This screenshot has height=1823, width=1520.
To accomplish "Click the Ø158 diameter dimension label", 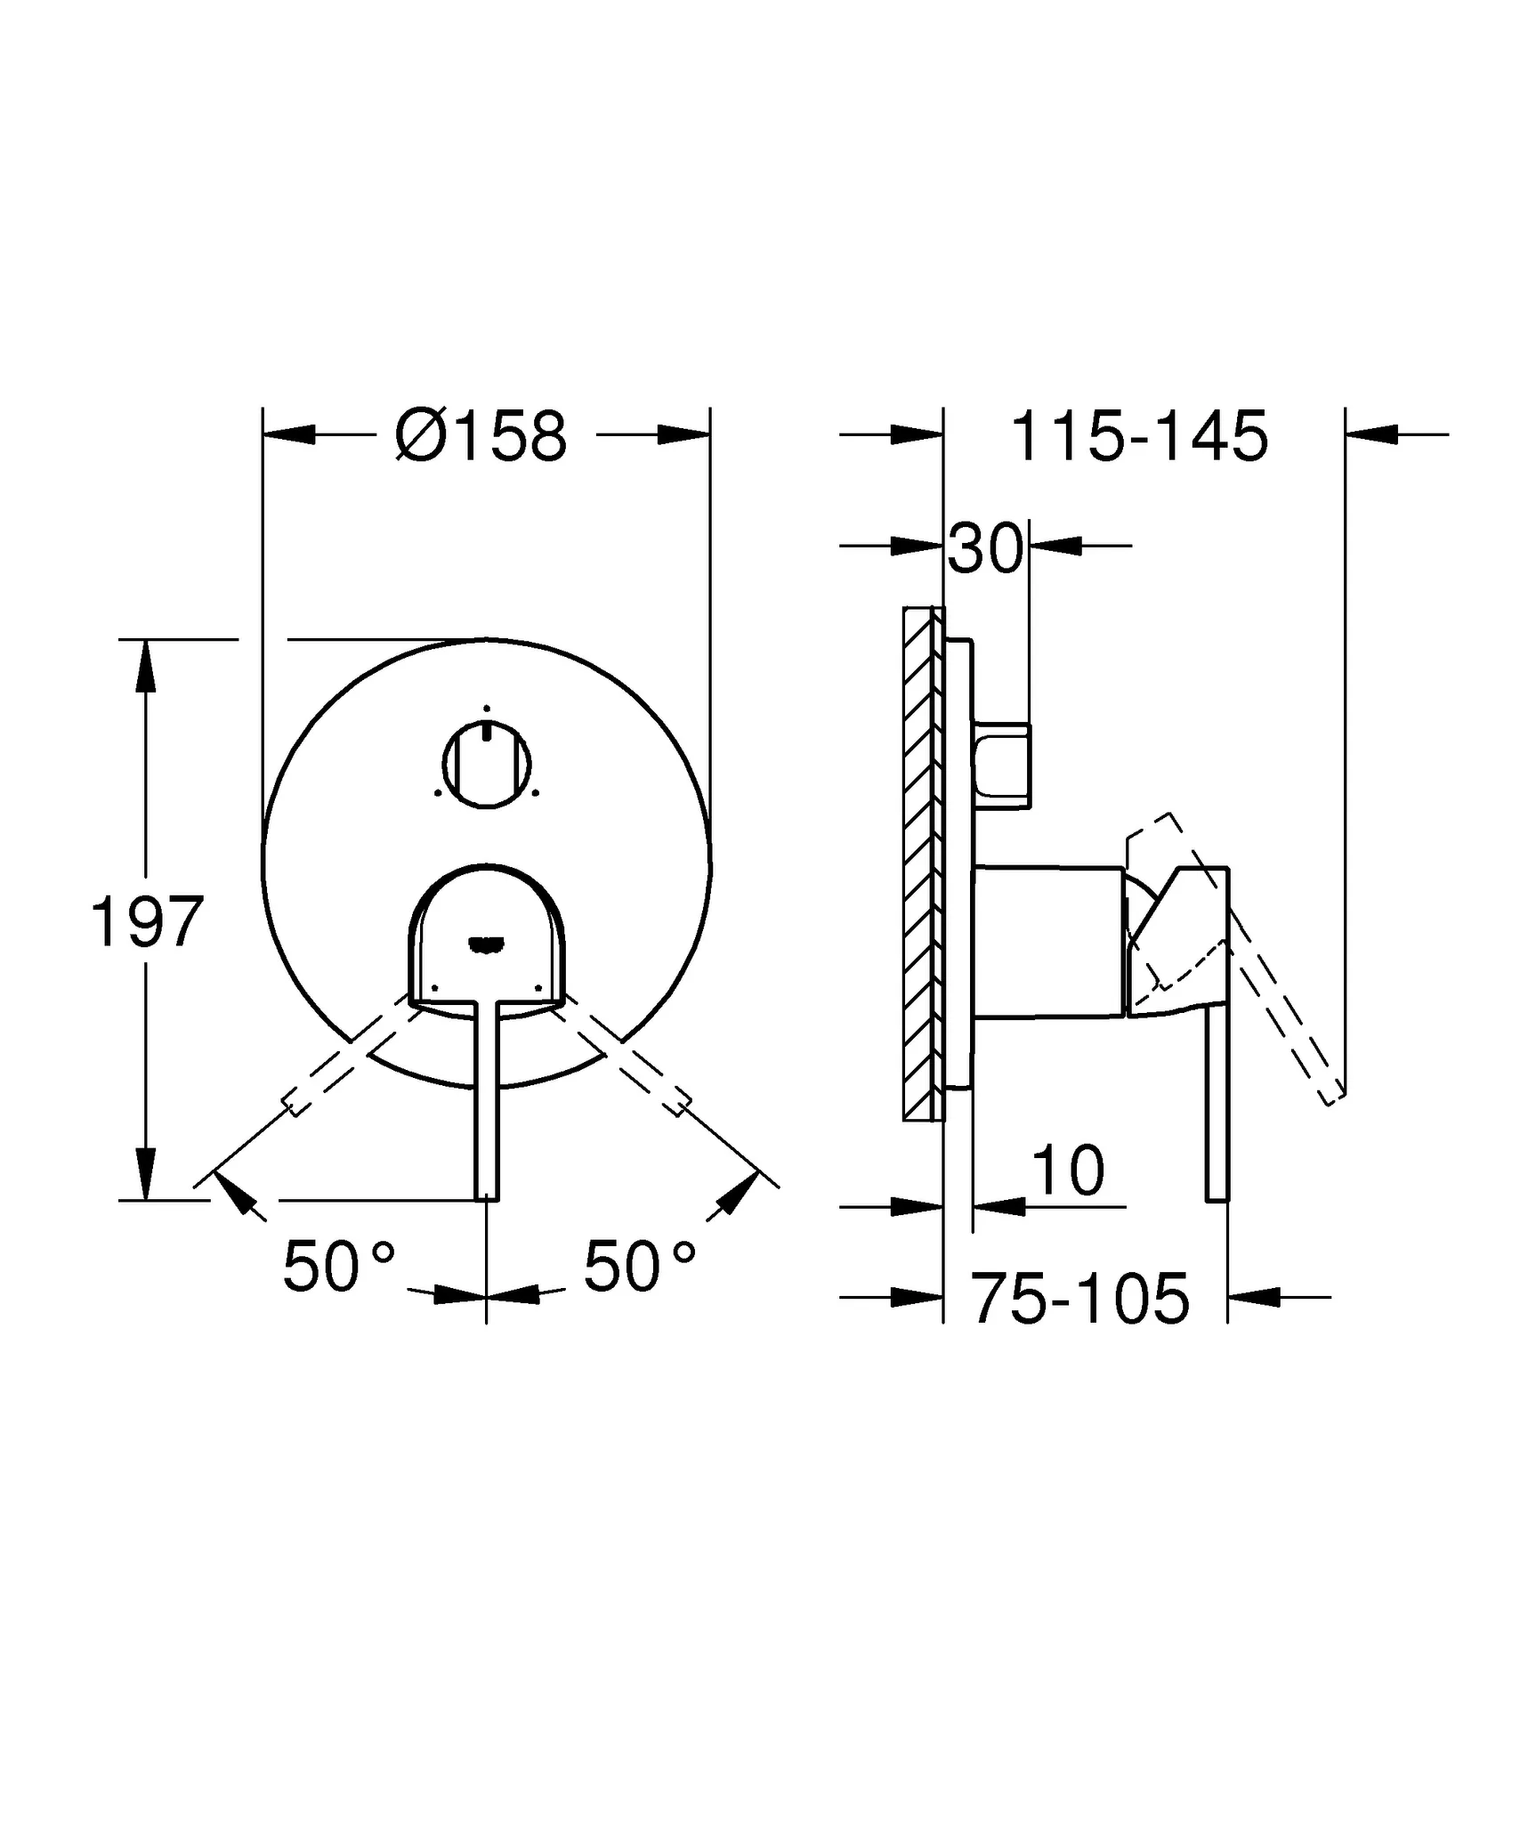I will (x=481, y=437).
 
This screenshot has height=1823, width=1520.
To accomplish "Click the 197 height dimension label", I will (x=148, y=922).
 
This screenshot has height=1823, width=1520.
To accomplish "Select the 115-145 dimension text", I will (x=1139, y=437).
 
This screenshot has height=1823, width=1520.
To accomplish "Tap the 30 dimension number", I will (x=984, y=548).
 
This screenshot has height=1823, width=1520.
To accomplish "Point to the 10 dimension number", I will (x=1068, y=1171).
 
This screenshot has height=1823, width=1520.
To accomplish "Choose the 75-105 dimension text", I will (x=1079, y=1299).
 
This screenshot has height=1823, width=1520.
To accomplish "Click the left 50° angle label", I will (x=338, y=1266).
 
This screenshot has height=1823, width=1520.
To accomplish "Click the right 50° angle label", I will (x=639, y=1266).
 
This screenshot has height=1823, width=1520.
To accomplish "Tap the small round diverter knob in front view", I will (x=487, y=766).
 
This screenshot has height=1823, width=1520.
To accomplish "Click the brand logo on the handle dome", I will (x=487, y=944).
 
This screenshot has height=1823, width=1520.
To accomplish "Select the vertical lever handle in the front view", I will (x=487, y=1104).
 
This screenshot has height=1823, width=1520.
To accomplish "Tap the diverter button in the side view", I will (x=1004, y=766).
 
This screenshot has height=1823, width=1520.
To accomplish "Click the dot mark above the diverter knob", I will (x=487, y=709).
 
